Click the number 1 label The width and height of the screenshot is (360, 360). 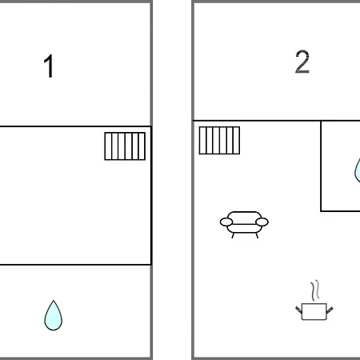click(49, 66)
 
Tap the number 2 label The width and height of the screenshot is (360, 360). click(302, 62)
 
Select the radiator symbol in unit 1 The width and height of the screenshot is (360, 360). click(125, 146)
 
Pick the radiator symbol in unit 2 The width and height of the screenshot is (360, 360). click(219, 141)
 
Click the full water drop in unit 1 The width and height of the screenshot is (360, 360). click(54, 316)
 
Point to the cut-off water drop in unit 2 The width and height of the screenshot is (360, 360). click(358, 170)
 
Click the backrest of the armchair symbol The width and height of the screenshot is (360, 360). click(244, 216)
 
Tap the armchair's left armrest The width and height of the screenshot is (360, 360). click(226, 222)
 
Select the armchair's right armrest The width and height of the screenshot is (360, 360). click(262, 222)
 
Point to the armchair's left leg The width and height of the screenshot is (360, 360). click(233, 235)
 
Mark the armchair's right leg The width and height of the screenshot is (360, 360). click(257, 235)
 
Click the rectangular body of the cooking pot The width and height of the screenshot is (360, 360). click(314, 311)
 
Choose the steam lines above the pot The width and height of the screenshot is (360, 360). click(315, 290)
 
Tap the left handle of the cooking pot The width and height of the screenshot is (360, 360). click(298, 310)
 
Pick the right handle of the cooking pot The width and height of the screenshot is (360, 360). click(330, 310)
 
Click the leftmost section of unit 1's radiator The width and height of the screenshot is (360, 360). click(108, 146)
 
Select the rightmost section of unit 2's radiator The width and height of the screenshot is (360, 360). click(237, 141)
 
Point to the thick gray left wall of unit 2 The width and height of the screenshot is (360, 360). click(193, 180)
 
